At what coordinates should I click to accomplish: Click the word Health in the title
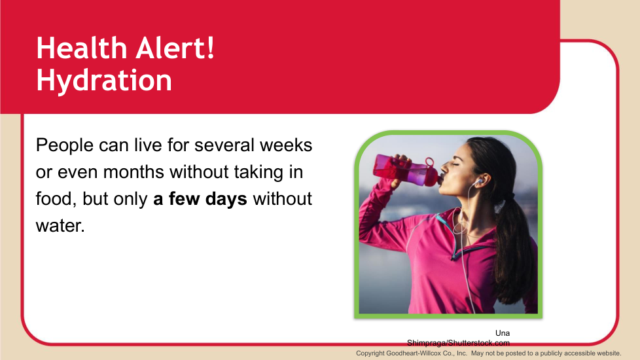click(x=82, y=48)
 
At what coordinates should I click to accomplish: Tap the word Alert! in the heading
click(x=175, y=48)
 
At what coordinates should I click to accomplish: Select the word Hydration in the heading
click(x=104, y=81)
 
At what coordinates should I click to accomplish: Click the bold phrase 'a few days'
click(x=200, y=199)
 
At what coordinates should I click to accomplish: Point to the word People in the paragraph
click(x=65, y=146)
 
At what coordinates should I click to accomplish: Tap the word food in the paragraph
click(x=56, y=199)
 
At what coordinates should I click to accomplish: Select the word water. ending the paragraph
click(x=60, y=226)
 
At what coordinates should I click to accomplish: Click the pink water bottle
click(x=406, y=170)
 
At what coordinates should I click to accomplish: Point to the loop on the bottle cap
click(x=429, y=162)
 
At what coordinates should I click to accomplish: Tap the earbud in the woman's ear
click(x=480, y=180)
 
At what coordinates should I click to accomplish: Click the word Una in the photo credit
click(x=503, y=333)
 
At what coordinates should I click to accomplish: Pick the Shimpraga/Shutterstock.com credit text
click(x=458, y=343)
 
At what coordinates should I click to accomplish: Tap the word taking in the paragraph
click(x=258, y=173)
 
